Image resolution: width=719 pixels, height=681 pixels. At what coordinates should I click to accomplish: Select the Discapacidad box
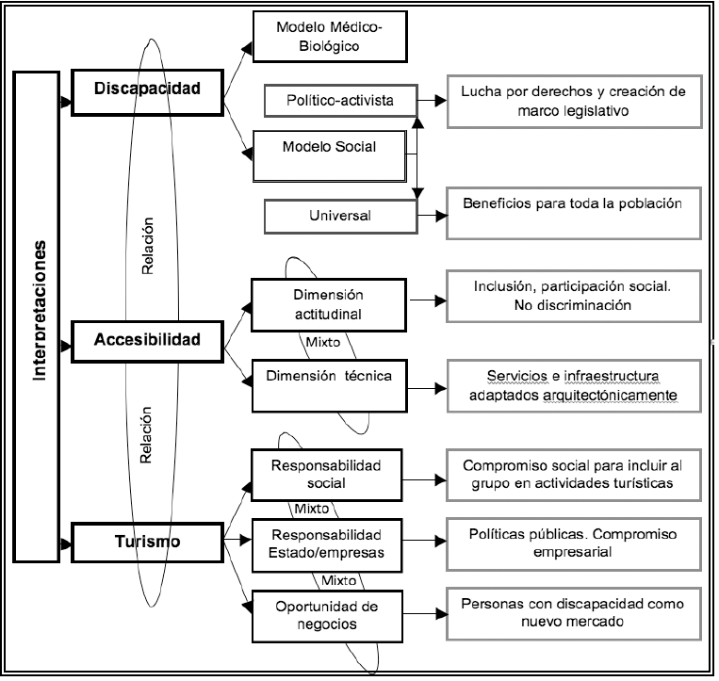pos(150,89)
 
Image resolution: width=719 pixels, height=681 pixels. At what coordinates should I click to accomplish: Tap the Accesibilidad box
pos(149,339)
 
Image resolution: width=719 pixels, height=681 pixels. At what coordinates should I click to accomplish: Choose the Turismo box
pos(149,542)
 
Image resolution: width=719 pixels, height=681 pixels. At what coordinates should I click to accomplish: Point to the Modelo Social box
pos(329,148)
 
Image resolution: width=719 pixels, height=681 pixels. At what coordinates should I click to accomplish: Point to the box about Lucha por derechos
pos(573,101)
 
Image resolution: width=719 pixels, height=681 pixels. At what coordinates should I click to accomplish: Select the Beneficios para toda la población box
pos(573,213)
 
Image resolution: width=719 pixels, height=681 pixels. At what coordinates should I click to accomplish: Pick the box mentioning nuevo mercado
pos(573,613)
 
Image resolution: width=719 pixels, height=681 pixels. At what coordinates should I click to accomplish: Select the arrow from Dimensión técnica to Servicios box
pos(421,386)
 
